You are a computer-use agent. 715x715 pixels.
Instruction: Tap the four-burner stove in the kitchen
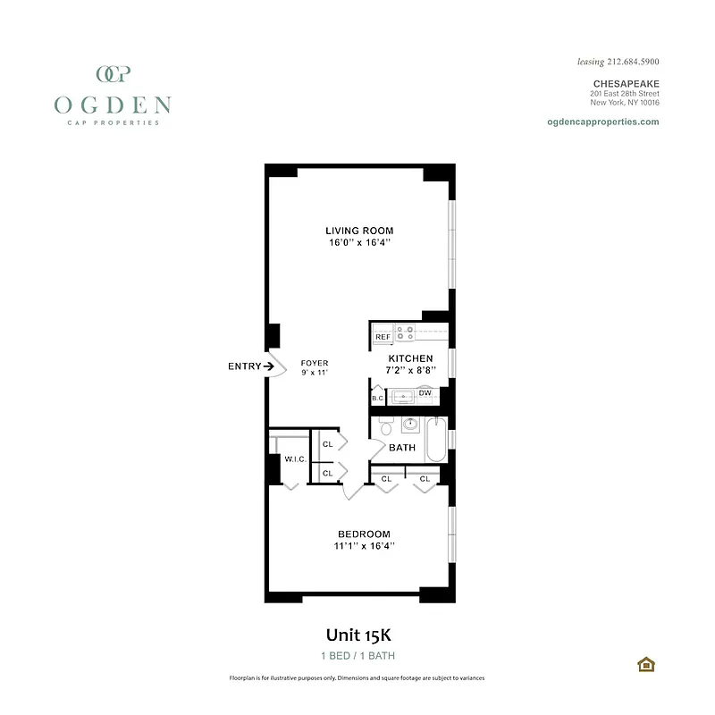pos(405,333)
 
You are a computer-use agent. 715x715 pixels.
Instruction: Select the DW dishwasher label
pos(425,393)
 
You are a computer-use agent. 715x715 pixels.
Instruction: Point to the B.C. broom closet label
pos(377,398)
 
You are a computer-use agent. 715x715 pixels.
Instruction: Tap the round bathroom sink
pos(411,425)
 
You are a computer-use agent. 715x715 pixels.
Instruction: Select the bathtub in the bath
pos(435,439)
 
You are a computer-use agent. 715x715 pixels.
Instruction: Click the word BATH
pos(402,448)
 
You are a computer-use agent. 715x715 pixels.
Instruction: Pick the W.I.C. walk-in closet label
pos(296,459)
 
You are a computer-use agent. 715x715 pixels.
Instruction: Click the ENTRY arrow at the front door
pos(268,366)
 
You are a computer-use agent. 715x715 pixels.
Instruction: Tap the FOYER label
pos(314,363)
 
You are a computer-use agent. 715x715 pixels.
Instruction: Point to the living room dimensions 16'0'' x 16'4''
pos(358,242)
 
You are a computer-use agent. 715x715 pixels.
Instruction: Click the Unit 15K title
pos(358,635)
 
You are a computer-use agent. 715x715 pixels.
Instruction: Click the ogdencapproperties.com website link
pos(601,122)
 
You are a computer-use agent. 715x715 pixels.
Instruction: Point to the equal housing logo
pos(644,664)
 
